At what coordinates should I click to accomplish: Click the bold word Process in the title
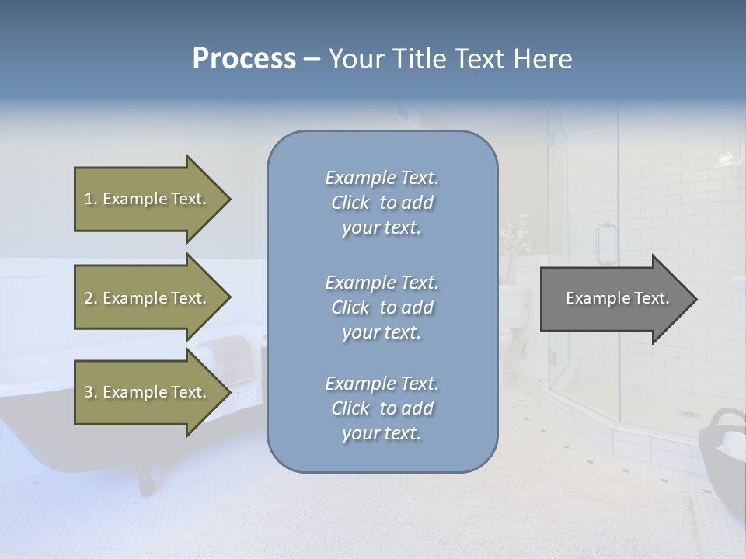[x=244, y=59]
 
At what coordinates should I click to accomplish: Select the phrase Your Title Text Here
[x=450, y=59]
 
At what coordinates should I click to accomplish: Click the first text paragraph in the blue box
[x=382, y=203]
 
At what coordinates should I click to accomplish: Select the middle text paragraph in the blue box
[x=382, y=307]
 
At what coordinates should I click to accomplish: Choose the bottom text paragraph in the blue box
[x=382, y=408]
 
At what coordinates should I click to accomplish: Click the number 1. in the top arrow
[x=91, y=199]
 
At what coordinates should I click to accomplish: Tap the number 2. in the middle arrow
[x=91, y=298]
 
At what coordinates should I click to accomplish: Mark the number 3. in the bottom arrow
[x=91, y=392]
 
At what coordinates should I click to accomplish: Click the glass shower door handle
[x=605, y=242]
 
